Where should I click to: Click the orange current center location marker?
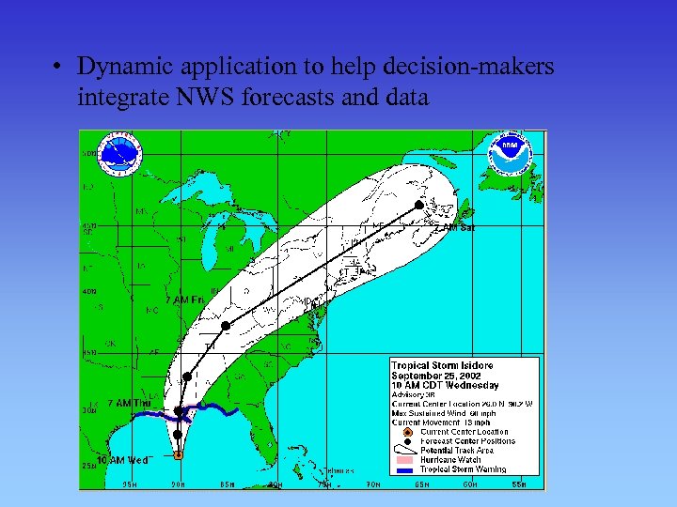pos(179,454)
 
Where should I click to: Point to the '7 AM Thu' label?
pos(130,403)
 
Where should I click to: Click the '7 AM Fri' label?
pos(185,300)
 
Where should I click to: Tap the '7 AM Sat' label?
pos(453,227)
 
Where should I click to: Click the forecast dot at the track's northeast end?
pos(418,205)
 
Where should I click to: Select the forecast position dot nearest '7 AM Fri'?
pos(226,325)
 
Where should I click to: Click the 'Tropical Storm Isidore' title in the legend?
pos(442,365)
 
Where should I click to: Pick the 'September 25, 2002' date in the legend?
pos(433,376)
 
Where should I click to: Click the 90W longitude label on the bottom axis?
pos(178,484)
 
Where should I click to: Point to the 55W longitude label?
pos(519,484)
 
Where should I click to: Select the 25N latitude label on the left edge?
pos(87,465)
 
